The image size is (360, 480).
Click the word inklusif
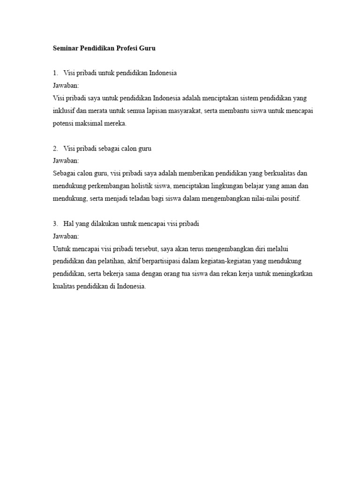[64, 111]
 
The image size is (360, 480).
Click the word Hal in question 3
[68, 224]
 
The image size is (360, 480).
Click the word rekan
[232, 275]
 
